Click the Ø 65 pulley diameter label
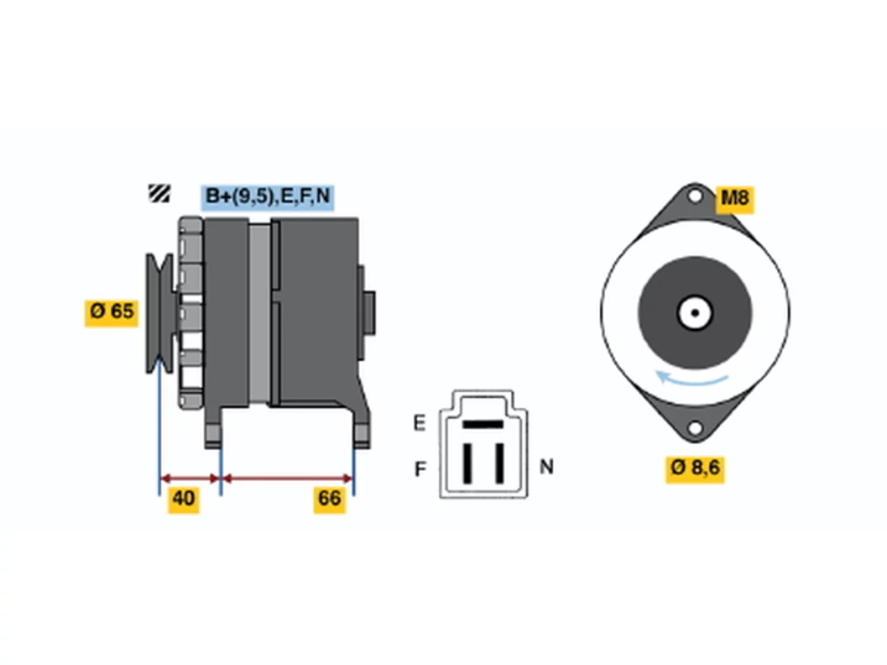click(111, 313)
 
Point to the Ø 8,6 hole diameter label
click(695, 469)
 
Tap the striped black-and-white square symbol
click(159, 193)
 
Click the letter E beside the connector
click(419, 423)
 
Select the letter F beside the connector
click(420, 469)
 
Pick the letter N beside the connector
click(546, 467)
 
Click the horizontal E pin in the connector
click(483, 425)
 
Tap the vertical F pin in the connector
click(467, 463)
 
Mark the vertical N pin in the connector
click(500, 463)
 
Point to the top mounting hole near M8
click(694, 197)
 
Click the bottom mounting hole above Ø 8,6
click(694, 428)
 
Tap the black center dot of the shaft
click(694, 313)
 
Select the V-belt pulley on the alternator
click(160, 313)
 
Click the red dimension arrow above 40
click(190, 479)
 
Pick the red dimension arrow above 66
click(288, 479)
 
